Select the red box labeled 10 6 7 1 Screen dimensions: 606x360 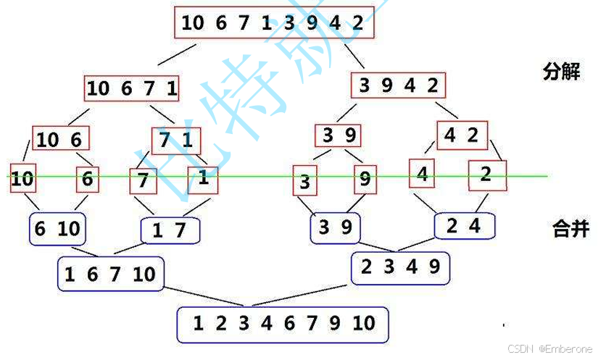click(x=131, y=88)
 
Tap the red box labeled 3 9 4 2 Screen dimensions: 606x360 click(x=399, y=85)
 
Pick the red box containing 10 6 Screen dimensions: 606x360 click(x=58, y=139)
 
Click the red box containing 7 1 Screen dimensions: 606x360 click(x=175, y=138)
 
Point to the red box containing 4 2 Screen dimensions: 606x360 click(x=462, y=134)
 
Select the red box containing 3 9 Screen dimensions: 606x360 click(x=339, y=135)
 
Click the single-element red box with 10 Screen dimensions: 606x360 click(x=22, y=178)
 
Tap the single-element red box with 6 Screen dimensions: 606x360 click(x=88, y=178)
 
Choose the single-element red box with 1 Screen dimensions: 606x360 click(x=203, y=178)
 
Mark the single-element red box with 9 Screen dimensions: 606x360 click(x=365, y=179)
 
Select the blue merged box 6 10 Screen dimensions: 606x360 click(x=57, y=229)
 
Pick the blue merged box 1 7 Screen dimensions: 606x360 click(x=170, y=231)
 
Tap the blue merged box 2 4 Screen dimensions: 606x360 click(x=464, y=226)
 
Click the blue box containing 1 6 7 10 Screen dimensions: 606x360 click(x=109, y=275)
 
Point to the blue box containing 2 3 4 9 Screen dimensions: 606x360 click(x=399, y=267)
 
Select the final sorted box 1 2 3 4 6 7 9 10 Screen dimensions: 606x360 click(x=283, y=323)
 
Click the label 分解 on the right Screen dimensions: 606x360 click(x=562, y=72)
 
